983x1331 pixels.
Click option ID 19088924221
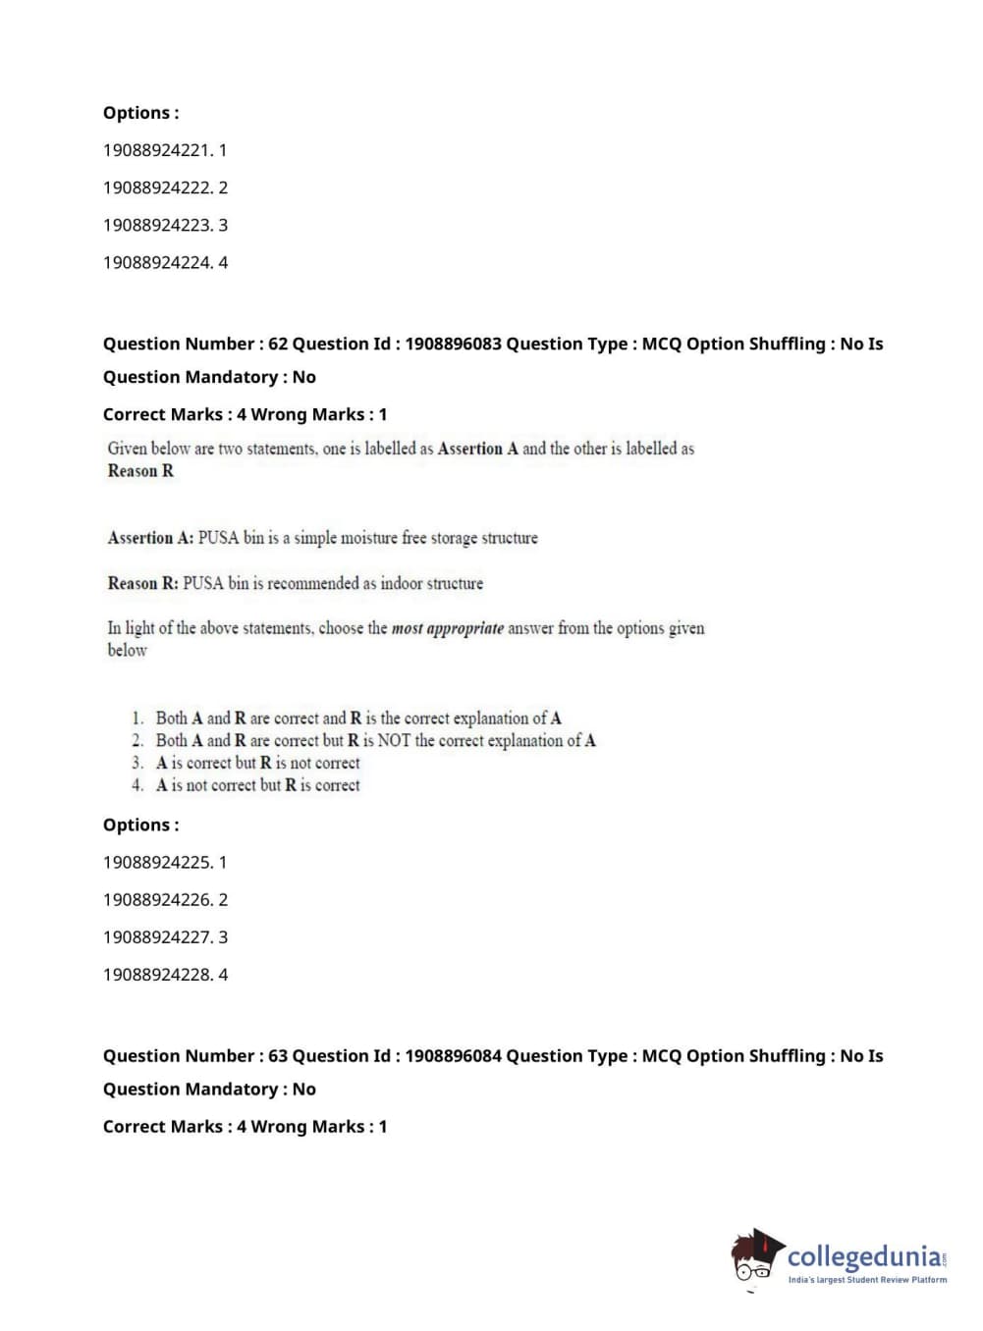pyautogui.click(x=164, y=150)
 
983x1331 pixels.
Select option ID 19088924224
pyautogui.click(x=164, y=262)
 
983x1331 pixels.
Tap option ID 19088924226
pyautogui.click(x=164, y=899)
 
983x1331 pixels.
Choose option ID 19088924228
pyautogui.click(x=164, y=974)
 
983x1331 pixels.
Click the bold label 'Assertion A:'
pyautogui.click(x=150, y=538)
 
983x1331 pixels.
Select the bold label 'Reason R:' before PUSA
pyautogui.click(x=142, y=583)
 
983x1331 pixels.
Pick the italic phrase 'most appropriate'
pyautogui.click(x=447, y=628)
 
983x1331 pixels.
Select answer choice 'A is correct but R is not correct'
pyautogui.click(x=257, y=763)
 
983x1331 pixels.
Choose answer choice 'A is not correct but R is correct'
pyautogui.click(x=257, y=785)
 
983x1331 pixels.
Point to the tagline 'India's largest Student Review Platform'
pyautogui.click(x=867, y=1280)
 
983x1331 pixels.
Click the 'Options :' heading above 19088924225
pyautogui.click(x=141, y=825)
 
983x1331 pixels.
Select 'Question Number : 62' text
pyautogui.click(x=195, y=344)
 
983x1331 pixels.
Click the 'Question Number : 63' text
pyautogui.click(x=195, y=1055)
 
